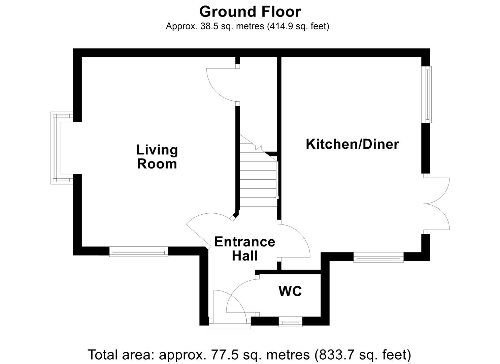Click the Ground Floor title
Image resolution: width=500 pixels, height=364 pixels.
250,12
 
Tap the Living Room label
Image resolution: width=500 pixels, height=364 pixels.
157,157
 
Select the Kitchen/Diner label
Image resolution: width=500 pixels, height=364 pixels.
352,144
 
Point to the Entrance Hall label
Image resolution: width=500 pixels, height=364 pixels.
245,249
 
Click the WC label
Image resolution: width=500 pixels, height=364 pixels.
290,291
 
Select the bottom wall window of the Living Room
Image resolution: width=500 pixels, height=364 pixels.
138,251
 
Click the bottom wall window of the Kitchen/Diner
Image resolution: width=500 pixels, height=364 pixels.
378,258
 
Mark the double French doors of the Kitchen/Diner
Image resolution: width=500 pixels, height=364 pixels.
437,204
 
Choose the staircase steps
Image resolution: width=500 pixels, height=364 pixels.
258,179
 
